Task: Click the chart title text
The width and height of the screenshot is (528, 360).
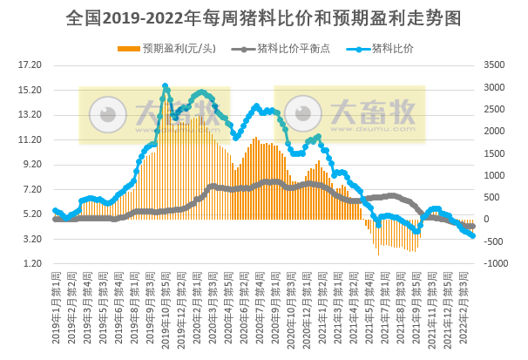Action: [263, 17]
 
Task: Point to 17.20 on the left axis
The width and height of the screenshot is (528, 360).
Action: [30, 65]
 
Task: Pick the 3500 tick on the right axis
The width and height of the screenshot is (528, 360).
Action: [494, 65]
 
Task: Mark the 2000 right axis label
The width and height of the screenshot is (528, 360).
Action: [494, 131]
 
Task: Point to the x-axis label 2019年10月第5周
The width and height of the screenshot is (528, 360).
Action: [165, 305]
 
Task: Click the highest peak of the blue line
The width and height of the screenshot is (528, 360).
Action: [166, 86]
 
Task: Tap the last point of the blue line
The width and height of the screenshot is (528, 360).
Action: [472, 236]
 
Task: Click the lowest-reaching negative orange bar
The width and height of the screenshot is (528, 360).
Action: [378, 255]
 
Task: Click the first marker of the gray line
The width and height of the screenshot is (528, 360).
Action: [55, 219]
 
